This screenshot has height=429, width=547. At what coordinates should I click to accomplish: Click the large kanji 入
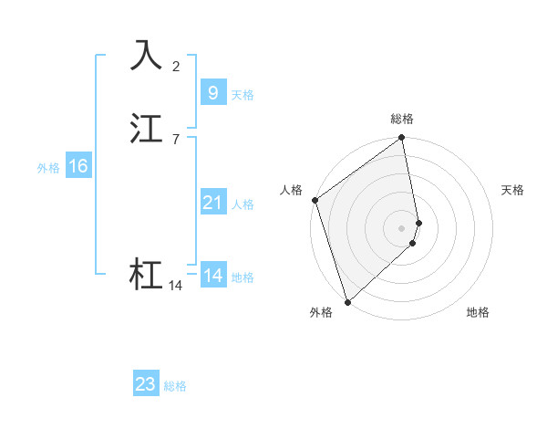(147, 55)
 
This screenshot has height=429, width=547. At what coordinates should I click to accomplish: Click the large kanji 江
(147, 129)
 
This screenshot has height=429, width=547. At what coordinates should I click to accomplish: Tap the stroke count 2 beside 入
(176, 66)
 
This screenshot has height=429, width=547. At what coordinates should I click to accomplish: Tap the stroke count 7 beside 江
(176, 139)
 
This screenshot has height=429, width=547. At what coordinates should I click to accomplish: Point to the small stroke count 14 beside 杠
(176, 286)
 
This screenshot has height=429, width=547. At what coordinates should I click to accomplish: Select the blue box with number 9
(212, 92)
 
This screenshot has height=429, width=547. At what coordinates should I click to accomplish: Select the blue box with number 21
(212, 203)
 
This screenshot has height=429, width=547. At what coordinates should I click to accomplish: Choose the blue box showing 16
(77, 166)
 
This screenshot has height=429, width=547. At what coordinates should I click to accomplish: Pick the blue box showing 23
(146, 384)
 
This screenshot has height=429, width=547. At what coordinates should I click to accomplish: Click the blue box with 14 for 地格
(212, 276)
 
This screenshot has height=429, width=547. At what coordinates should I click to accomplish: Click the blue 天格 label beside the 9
(243, 94)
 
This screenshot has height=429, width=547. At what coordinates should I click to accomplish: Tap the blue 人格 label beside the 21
(243, 204)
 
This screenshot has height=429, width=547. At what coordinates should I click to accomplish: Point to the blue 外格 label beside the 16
(47, 168)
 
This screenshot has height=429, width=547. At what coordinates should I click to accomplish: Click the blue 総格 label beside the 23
(175, 386)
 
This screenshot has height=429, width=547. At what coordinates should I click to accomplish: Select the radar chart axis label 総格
(402, 119)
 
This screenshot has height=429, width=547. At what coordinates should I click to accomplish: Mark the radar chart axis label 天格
(513, 190)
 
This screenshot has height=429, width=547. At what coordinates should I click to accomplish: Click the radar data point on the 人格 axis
(315, 200)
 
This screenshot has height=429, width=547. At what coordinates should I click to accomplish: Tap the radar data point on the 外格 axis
(347, 301)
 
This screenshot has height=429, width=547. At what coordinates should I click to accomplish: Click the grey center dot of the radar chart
(401, 227)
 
